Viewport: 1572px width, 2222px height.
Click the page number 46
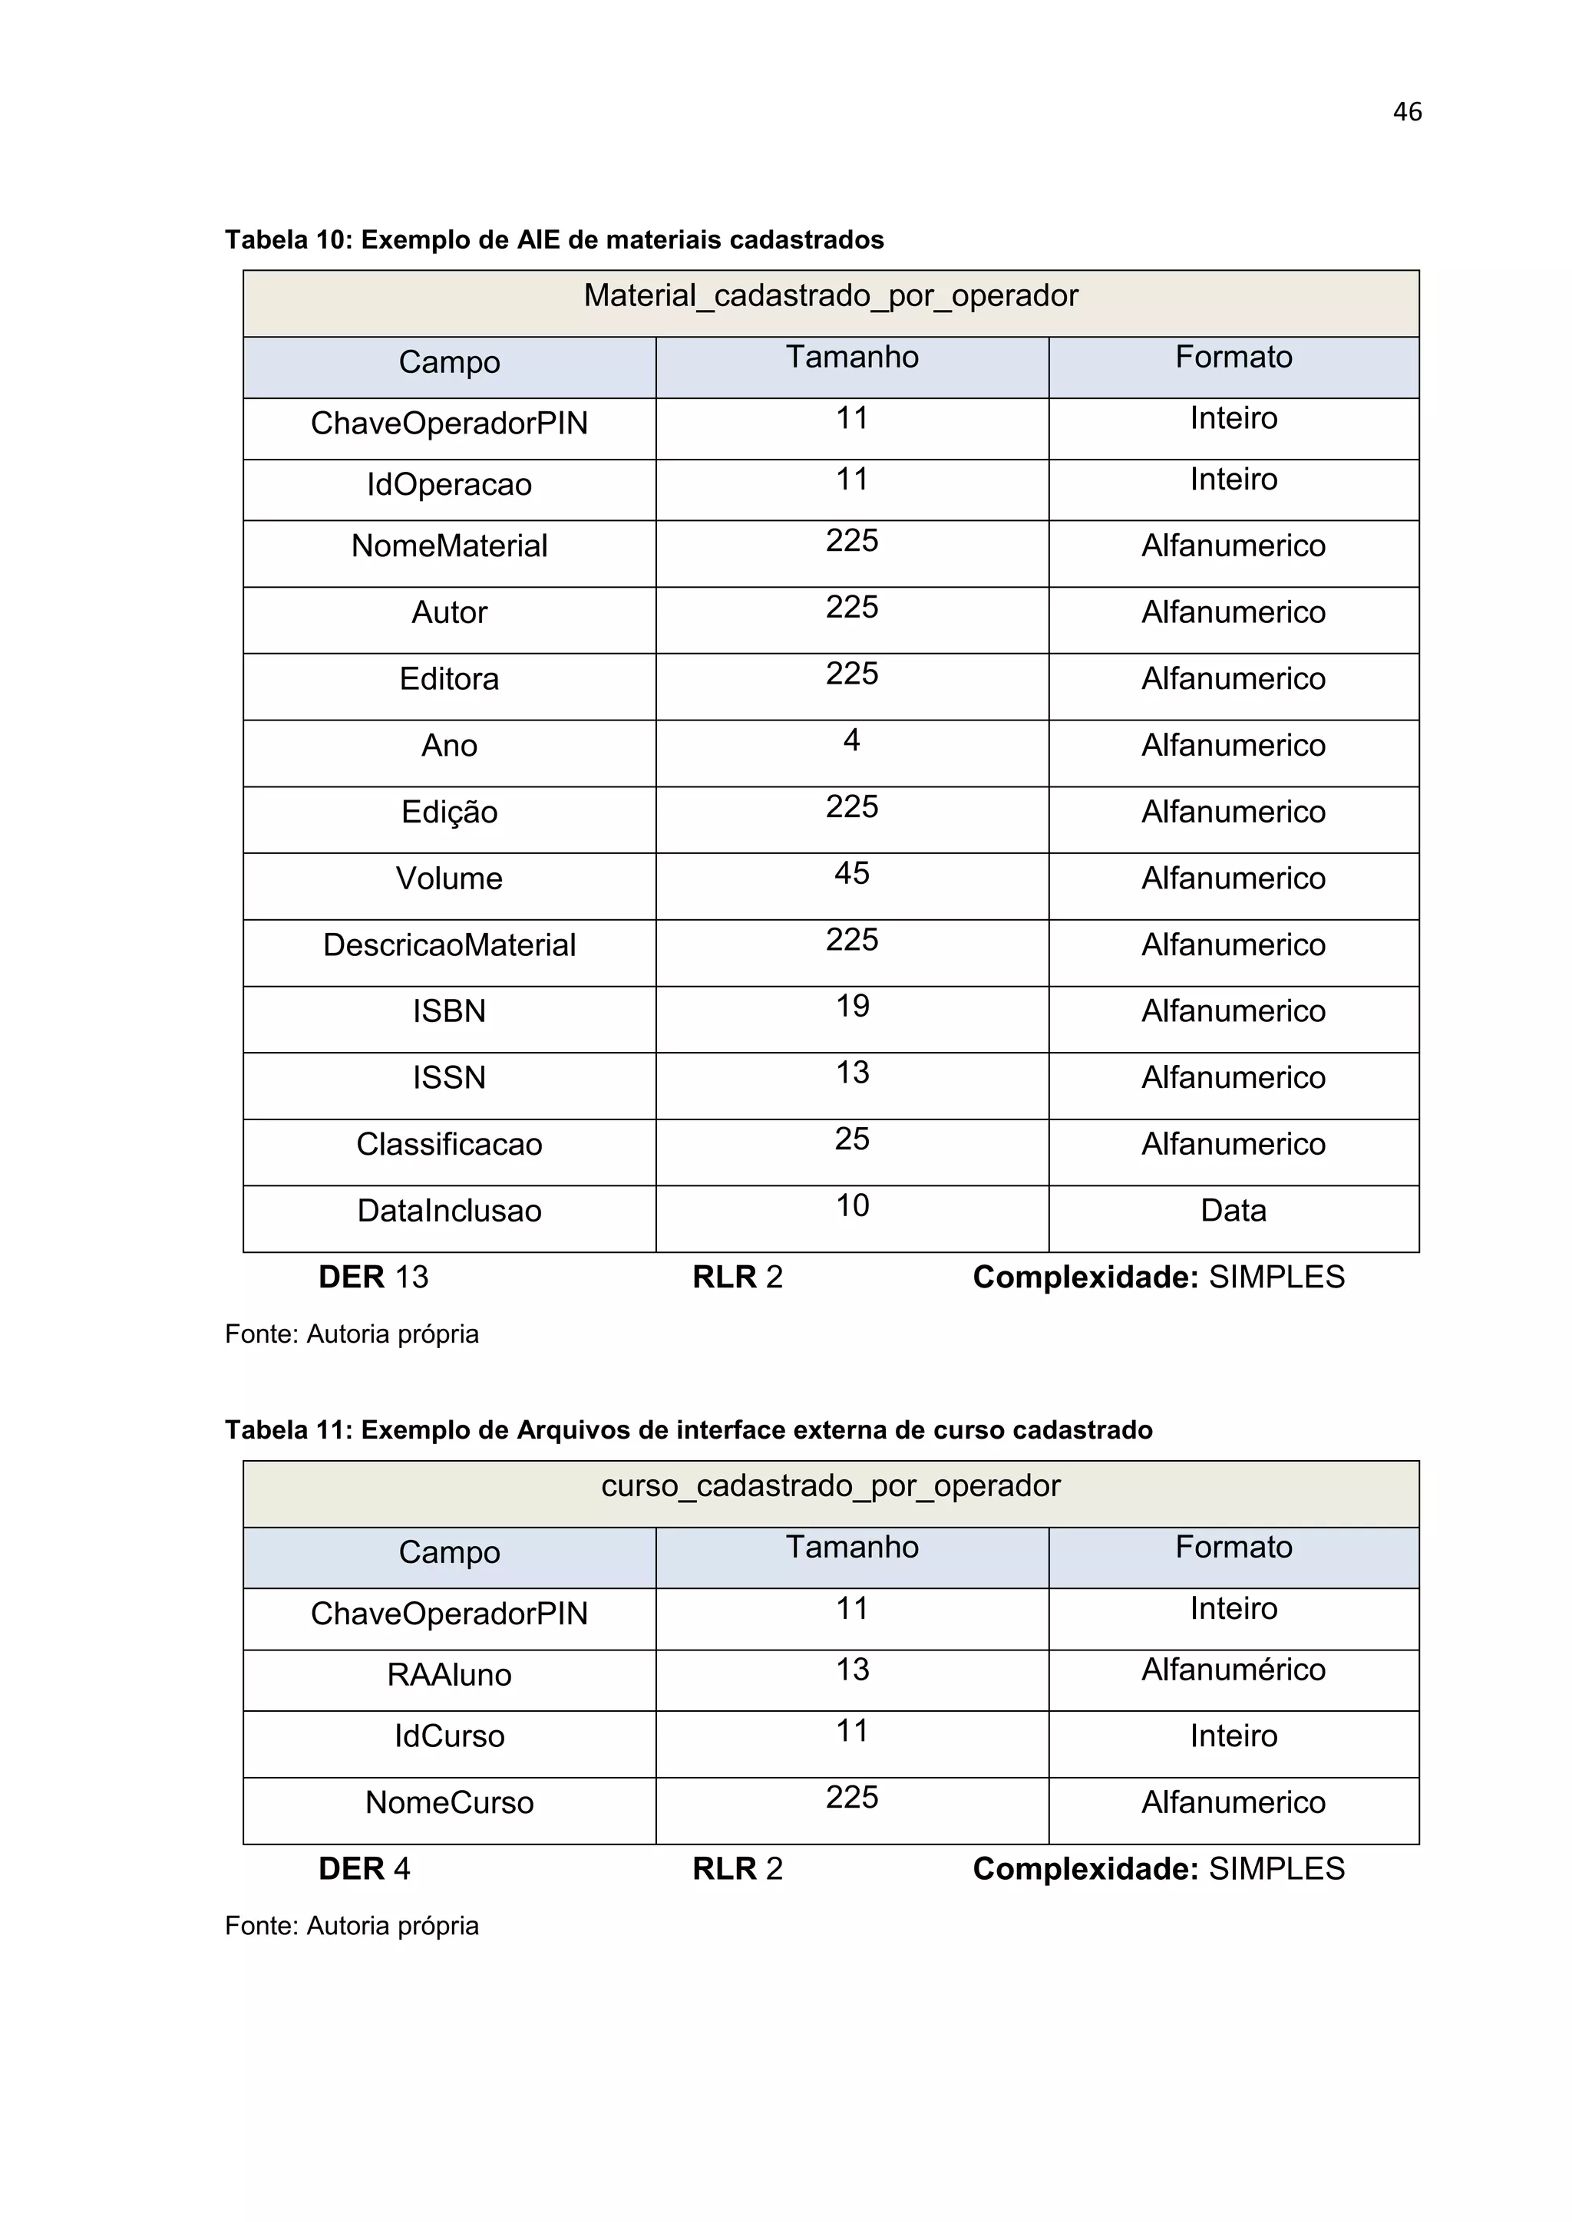pos(1406,112)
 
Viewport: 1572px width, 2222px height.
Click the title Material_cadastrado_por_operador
pos(831,296)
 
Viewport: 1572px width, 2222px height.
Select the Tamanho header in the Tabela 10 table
pos(852,357)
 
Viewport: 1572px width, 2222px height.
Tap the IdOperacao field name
pos(449,485)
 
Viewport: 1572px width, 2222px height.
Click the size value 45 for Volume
pos(852,873)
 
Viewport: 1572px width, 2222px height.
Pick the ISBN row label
pos(449,1011)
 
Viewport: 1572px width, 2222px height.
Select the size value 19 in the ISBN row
pos(852,1007)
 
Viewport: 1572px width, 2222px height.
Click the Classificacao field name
pos(449,1144)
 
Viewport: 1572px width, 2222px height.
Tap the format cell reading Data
pos(1233,1211)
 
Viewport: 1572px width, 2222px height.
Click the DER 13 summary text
pos(373,1277)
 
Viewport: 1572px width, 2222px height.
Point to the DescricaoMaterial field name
pos(449,945)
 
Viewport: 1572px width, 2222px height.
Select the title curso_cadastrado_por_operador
pos(831,1485)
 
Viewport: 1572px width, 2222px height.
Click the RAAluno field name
pos(449,1675)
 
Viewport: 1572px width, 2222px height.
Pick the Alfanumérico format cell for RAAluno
pos(1233,1670)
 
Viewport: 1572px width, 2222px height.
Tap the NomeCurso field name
pos(449,1802)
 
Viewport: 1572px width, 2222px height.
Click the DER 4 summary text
pos(364,1869)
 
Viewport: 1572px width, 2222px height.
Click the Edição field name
pos(449,812)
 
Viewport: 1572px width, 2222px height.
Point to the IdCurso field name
pos(449,1736)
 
